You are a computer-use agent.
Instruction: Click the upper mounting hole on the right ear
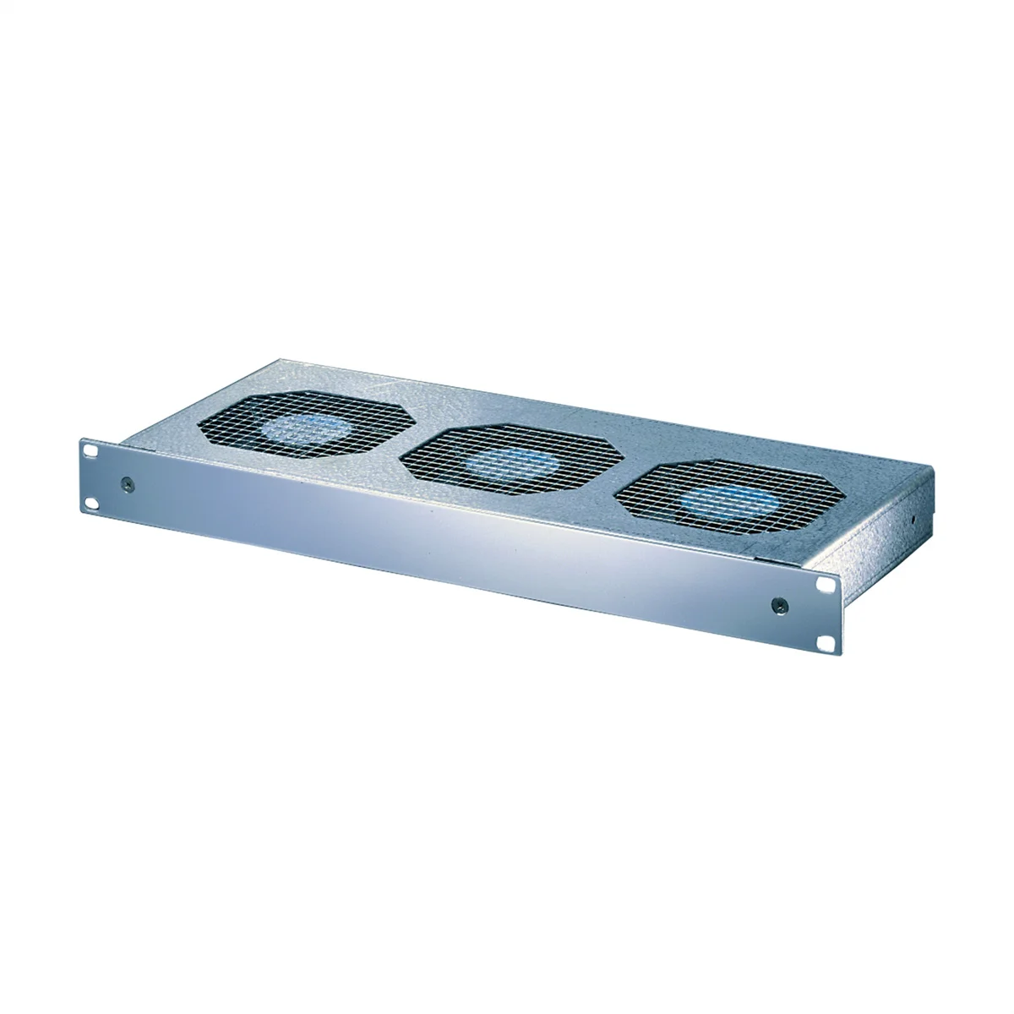coord(824,584)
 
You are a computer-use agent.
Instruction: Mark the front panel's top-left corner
coord(83,439)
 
